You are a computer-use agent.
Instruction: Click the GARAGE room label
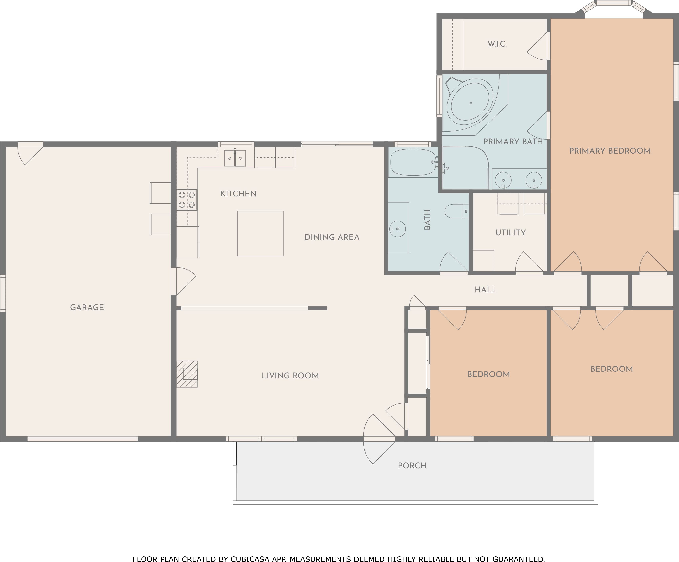coord(87,307)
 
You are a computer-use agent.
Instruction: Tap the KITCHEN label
coord(238,194)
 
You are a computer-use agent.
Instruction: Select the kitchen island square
coord(260,234)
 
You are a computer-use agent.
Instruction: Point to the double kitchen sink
coord(235,158)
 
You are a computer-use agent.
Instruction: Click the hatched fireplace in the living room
coord(187,374)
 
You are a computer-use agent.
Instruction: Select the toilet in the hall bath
coord(457,211)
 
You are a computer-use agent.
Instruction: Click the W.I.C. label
coord(497,44)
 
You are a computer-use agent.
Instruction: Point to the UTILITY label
coord(511,233)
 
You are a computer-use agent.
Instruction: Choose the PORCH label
coord(412,466)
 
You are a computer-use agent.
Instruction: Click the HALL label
coord(486,290)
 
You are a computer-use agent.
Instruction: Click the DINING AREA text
coord(332,237)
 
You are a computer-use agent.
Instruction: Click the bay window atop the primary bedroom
coord(614,7)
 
